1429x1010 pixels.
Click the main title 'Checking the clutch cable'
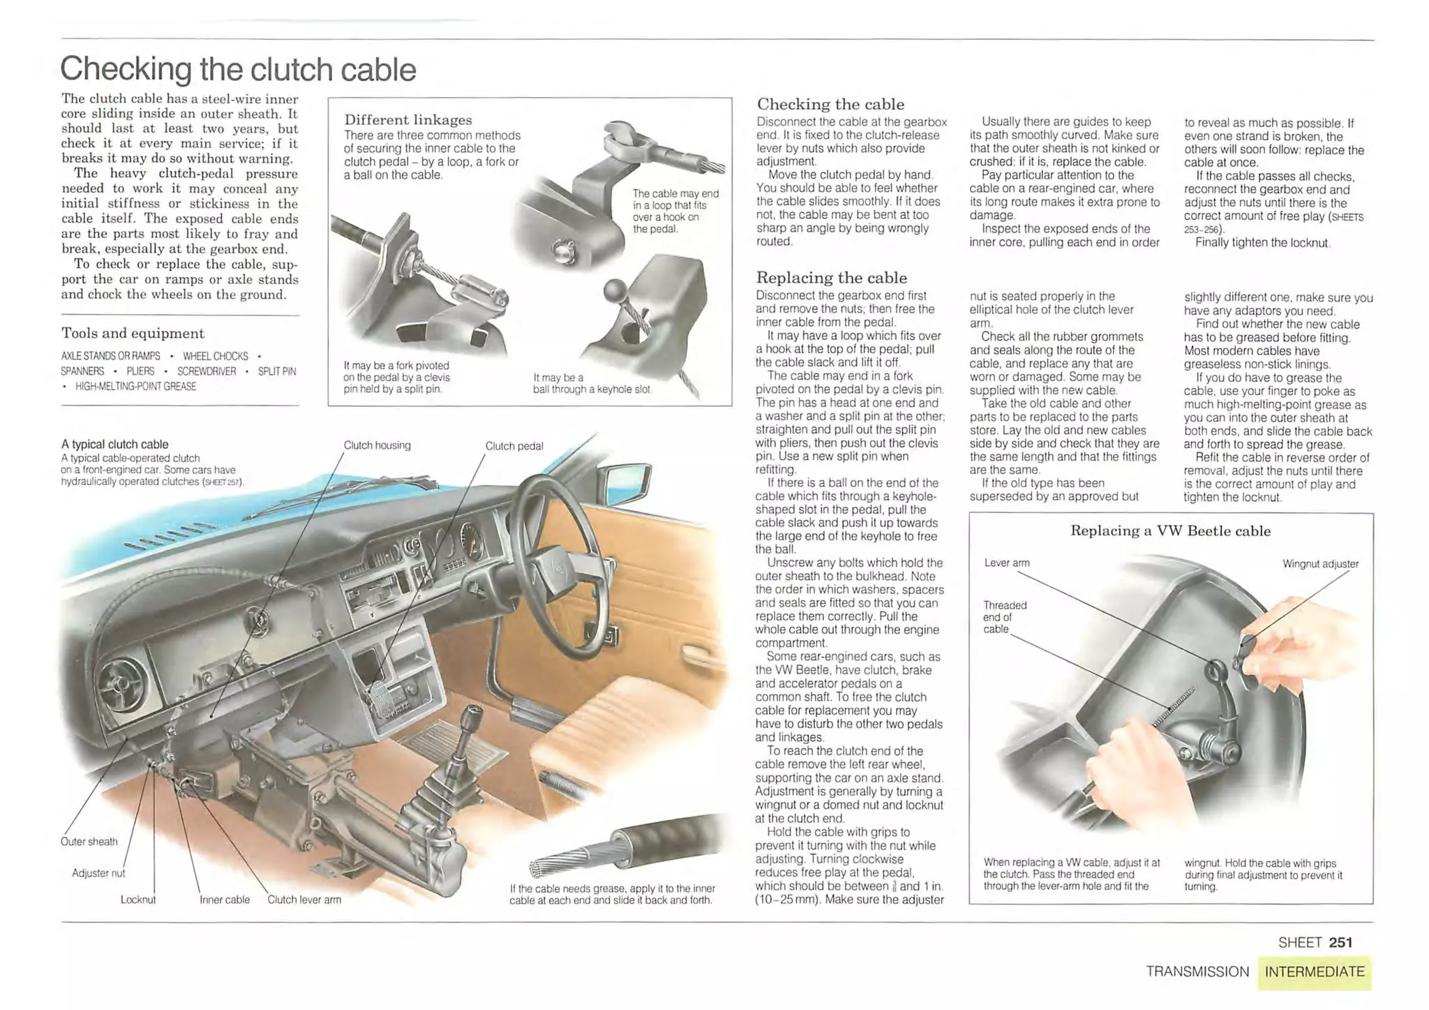click(238, 69)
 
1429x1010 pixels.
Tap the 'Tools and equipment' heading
click(133, 333)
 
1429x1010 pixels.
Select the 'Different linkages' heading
click(408, 119)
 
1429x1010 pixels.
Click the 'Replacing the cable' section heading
click(831, 277)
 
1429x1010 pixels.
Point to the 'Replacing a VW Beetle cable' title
click(1170, 530)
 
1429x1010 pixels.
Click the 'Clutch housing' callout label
click(377, 445)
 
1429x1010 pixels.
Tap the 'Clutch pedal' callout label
click(514, 446)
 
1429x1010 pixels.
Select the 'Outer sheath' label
click(89, 841)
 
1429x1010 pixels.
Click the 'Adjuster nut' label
click(98, 872)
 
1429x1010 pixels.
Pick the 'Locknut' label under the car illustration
click(137, 900)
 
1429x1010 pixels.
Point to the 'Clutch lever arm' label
click(304, 900)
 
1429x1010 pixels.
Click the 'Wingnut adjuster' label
click(1320, 564)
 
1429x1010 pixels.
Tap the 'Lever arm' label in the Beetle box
click(1006, 563)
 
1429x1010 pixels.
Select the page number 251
click(1340, 942)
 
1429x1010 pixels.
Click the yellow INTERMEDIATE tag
click(1315, 972)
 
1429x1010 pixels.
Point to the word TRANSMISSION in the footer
click(1197, 972)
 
